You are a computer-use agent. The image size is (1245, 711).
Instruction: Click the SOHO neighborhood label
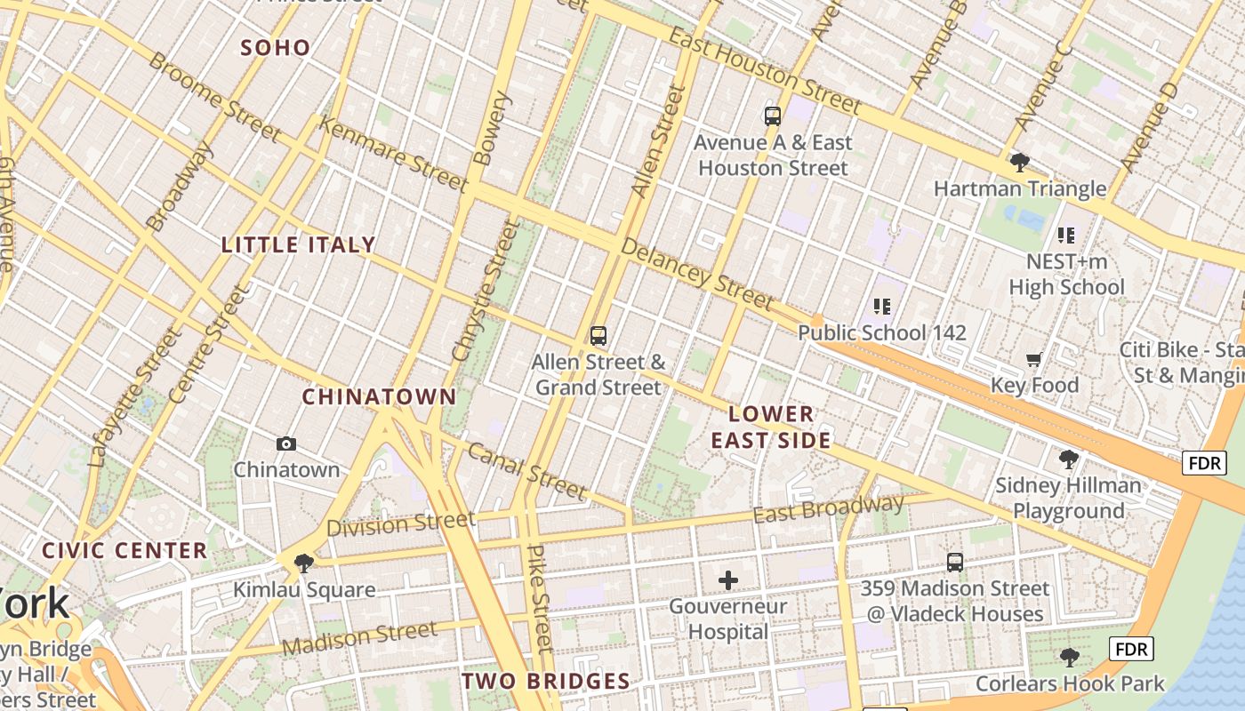coord(276,48)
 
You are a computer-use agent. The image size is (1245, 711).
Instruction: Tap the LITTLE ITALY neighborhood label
coord(298,245)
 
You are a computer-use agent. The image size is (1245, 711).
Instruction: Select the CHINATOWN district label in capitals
coord(379,396)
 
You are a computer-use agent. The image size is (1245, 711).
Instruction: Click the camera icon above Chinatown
coord(286,443)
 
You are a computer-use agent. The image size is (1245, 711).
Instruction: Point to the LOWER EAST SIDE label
coord(771,427)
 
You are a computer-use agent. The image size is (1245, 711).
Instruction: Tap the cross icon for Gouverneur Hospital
coord(728,581)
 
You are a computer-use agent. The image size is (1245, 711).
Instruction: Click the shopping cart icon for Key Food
coord(1033,360)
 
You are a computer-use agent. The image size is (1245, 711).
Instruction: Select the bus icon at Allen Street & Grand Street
coord(598,336)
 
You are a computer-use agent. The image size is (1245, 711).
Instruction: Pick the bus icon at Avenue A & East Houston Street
coord(772,116)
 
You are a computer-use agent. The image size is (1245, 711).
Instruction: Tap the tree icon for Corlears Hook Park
coord(1069,658)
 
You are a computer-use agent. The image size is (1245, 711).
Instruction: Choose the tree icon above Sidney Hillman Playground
coord(1068,459)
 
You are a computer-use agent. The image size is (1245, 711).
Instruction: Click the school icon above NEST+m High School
coord(1065,236)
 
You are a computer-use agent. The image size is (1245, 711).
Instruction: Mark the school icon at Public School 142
coord(881,307)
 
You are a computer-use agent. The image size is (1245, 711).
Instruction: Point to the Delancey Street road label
coord(697,274)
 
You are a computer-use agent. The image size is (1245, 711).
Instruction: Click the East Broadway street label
coord(828,509)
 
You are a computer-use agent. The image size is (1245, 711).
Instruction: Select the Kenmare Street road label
coord(392,154)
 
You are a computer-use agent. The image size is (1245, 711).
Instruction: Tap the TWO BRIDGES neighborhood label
coord(545,682)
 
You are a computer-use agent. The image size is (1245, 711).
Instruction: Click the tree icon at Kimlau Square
coord(303,563)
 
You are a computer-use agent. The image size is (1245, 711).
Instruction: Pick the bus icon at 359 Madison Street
coord(954,562)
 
